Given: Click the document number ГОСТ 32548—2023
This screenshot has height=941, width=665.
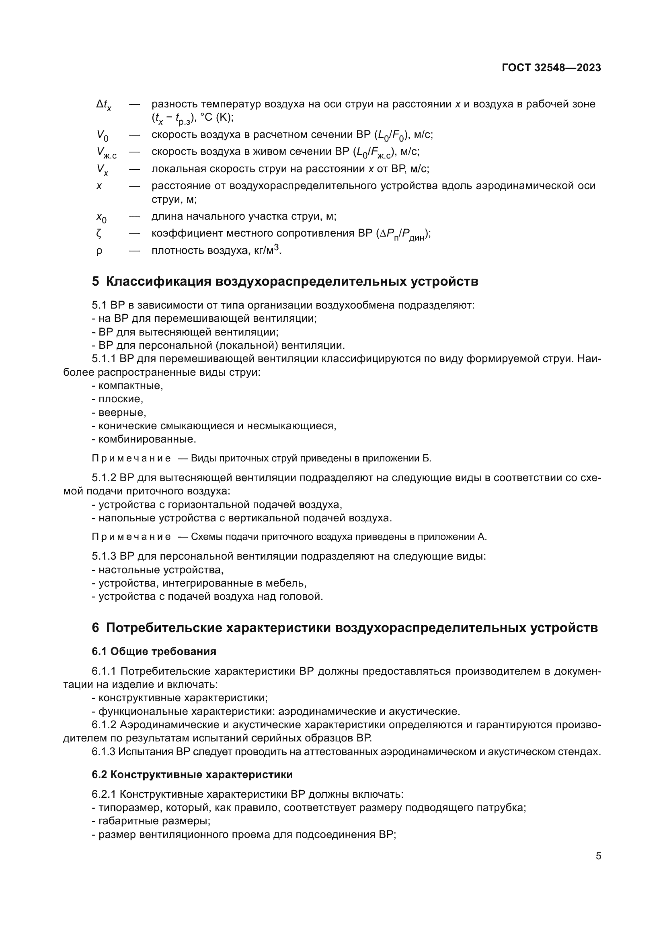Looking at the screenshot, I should pyautogui.click(x=551, y=68).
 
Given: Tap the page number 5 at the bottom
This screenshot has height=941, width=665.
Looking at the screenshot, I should pyautogui.click(x=598, y=856).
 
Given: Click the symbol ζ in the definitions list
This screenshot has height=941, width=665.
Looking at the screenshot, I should pyautogui.click(x=99, y=234).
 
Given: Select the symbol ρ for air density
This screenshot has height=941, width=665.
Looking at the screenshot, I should pyautogui.click(x=99, y=251).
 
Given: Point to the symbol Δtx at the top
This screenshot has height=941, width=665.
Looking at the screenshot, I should pyautogui.click(x=104, y=105).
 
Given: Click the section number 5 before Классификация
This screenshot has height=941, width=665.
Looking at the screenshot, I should pyautogui.click(x=95, y=282).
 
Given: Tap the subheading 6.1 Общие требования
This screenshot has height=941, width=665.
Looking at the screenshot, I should pyautogui.click(x=154, y=651).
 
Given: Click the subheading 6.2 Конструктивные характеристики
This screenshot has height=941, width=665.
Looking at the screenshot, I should pyautogui.click(x=192, y=774).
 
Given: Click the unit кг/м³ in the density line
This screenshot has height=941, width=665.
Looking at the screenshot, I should pyautogui.click(x=266, y=250).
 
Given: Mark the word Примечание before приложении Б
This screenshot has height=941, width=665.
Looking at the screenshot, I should pyautogui.click(x=131, y=458).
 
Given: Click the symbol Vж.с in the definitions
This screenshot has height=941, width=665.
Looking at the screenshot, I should pyautogui.click(x=106, y=153).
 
